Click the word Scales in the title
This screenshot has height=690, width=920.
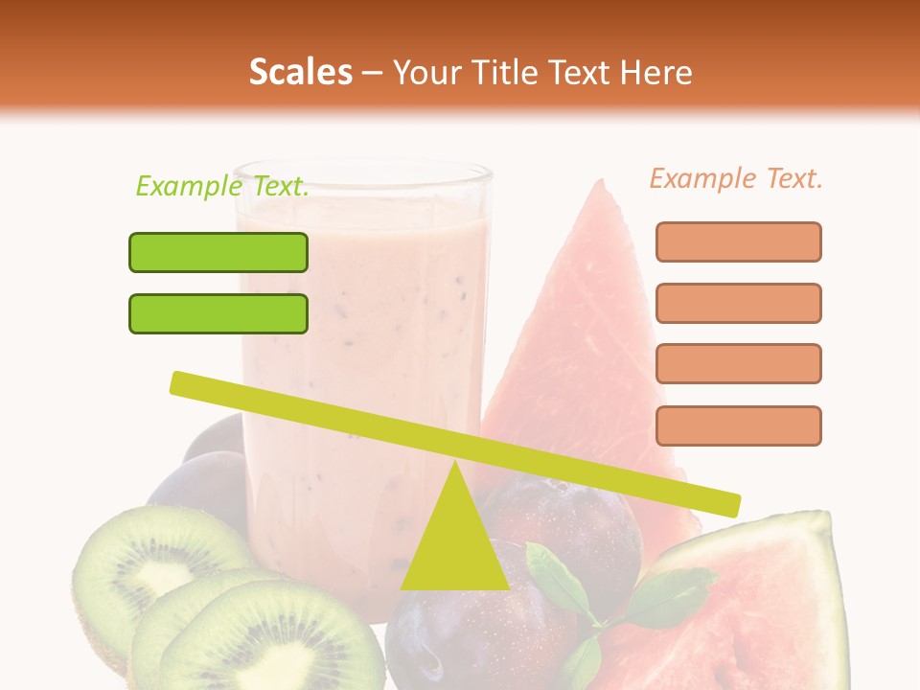pos(300,72)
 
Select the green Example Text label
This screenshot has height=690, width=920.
pos(222,186)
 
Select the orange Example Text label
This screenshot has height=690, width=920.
pos(736,178)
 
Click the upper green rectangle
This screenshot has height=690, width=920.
pos(218,252)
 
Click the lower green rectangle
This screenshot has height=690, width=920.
pos(218,313)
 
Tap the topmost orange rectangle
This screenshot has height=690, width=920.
pos(738,241)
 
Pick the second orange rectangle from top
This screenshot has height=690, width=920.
pos(738,303)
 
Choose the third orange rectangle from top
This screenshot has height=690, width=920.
pos(738,363)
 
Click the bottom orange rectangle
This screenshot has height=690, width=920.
pos(738,425)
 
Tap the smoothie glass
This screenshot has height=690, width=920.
pos(364,316)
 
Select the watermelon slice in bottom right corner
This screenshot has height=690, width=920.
pos(767,604)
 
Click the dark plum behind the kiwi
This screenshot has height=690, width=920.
pos(196,479)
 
